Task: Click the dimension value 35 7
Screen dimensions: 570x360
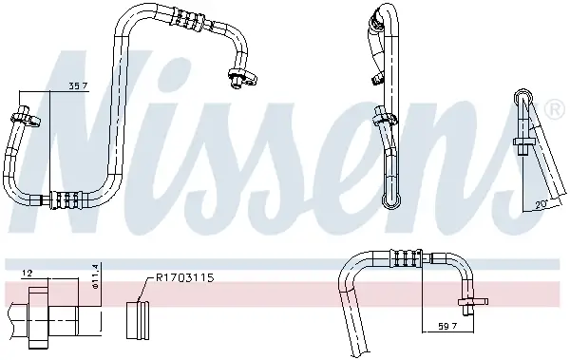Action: pyautogui.click(x=79, y=86)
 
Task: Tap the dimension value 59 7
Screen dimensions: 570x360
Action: pyautogui.click(x=447, y=326)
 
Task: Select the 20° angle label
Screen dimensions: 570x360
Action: pyautogui.click(x=541, y=205)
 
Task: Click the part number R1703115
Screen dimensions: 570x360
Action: pyautogui.click(x=184, y=278)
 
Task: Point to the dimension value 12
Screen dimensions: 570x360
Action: pyautogui.click(x=28, y=274)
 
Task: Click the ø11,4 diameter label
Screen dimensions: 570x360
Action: pyautogui.click(x=96, y=276)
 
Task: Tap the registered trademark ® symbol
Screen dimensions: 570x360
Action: pyautogui.click(x=555, y=109)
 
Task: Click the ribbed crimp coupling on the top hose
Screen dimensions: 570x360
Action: pyautogui.click(x=188, y=19)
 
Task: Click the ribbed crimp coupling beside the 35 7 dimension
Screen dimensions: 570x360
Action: pyautogui.click(x=66, y=200)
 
